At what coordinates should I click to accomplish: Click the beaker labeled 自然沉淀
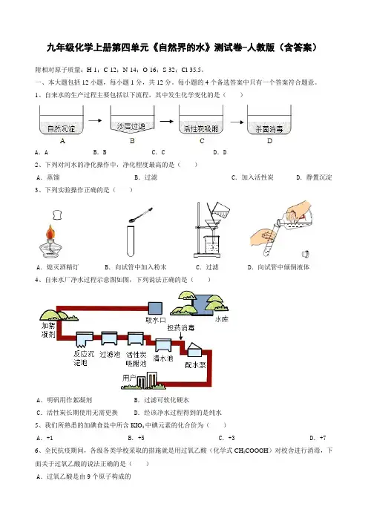62,120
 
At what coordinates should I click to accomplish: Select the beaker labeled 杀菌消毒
269,120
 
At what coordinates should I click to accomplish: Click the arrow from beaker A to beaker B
95,120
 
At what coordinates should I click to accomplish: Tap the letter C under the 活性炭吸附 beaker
202,141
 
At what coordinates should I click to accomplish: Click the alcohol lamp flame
50,232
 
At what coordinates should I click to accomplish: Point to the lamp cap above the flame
57,214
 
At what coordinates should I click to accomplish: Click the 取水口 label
156,321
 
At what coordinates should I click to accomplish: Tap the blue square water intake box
155,308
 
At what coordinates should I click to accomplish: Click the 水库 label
222,319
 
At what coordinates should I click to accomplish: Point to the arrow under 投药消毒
181,335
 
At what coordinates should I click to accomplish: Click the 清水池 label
163,358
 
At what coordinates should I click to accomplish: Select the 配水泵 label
195,365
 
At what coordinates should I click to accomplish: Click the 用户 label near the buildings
129,378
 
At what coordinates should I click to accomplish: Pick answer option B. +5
137,438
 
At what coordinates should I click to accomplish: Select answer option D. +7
318,438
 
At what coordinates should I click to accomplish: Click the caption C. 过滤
207,267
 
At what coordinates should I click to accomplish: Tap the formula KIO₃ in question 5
137,425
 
